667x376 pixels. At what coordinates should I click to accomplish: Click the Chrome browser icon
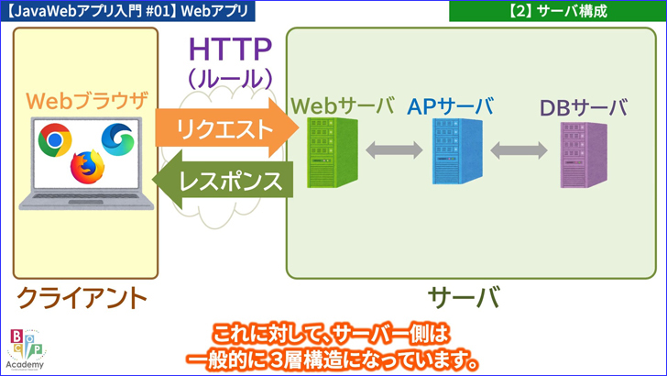click(x=54, y=139)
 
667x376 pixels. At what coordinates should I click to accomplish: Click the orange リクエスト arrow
click(x=224, y=128)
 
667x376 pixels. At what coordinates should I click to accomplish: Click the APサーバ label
click(x=452, y=105)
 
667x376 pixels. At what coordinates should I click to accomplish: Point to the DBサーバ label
click(x=583, y=107)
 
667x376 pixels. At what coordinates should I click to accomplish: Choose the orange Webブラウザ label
click(x=85, y=100)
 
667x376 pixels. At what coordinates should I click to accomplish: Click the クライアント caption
click(x=82, y=297)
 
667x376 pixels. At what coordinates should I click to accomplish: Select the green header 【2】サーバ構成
click(x=556, y=11)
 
